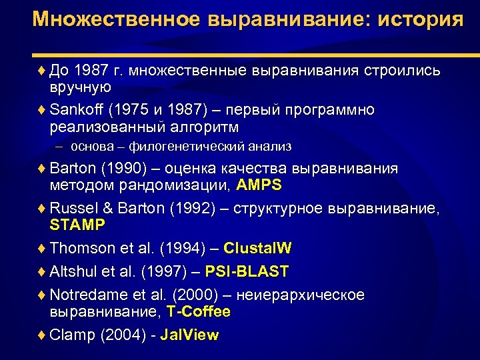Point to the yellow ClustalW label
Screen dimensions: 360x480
(x=257, y=249)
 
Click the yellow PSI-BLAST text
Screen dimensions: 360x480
(x=247, y=271)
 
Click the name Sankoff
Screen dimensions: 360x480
(x=75, y=109)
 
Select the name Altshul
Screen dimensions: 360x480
(x=72, y=271)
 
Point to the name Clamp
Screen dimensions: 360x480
(x=71, y=335)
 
